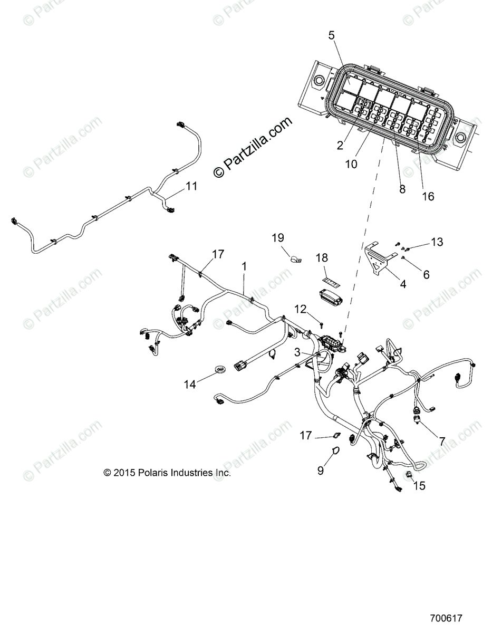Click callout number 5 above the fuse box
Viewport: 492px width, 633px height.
(331, 36)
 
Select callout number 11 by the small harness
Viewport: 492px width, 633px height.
(191, 186)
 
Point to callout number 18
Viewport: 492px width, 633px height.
(322, 258)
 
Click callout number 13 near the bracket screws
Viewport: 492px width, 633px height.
(437, 242)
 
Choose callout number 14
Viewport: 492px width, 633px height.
(189, 385)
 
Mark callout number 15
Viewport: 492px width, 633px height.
(419, 485)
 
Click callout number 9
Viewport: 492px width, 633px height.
(321, 471)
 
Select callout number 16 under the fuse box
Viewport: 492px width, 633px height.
(428, 196)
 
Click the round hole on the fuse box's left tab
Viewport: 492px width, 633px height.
(319, 81)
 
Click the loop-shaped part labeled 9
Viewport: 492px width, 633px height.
(335, 451)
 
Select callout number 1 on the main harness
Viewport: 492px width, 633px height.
(244, 267)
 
